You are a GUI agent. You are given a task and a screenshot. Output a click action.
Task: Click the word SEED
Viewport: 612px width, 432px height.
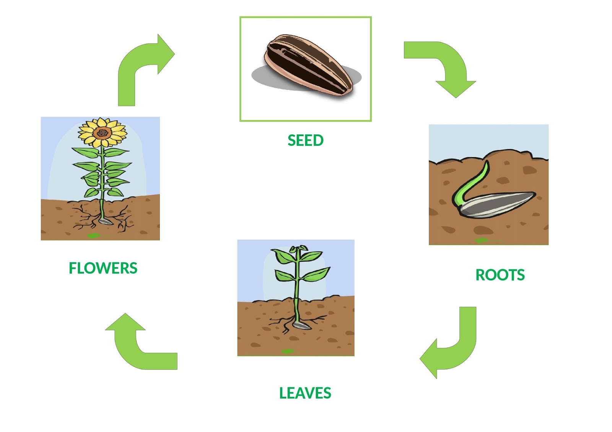(305, 140)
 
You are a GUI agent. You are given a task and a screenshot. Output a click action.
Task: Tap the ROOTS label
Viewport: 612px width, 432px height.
(500, 275)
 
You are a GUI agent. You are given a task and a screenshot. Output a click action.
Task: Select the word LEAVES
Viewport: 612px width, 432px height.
(305, 393)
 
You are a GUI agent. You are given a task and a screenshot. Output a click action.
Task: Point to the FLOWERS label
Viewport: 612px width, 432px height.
(103, 268)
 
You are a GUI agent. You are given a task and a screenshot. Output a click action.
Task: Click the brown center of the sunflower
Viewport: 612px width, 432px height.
(102, 133)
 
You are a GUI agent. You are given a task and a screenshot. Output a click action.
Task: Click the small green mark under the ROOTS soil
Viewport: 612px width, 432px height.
(481, 240)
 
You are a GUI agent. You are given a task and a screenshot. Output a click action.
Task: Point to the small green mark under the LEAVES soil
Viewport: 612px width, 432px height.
(288, 351)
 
